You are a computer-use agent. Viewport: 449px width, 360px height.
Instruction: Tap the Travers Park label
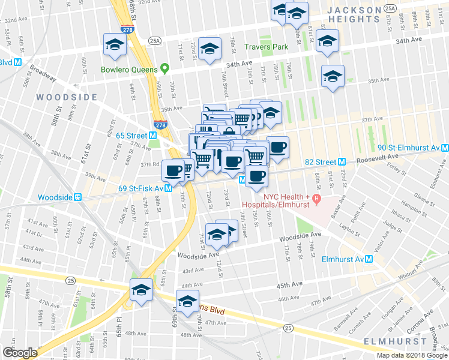[x=267, y=46]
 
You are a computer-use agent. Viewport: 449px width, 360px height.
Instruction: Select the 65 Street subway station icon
[x=153, y=136]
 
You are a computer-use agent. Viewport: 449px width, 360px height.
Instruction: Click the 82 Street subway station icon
[x=341, y=161]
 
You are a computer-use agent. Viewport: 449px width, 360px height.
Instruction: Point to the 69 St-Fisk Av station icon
[x=169, y=187]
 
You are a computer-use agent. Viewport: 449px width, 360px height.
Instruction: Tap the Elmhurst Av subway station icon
[x=370, y=259]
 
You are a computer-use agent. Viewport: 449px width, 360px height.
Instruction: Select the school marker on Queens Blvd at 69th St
[x=187, y=301]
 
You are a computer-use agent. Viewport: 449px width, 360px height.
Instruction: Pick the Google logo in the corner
[x=20, y=353]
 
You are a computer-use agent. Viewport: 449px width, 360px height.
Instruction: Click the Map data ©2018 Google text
[x=412, y=355]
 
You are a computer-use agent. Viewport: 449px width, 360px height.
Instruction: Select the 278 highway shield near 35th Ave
[x=160, y=124]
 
